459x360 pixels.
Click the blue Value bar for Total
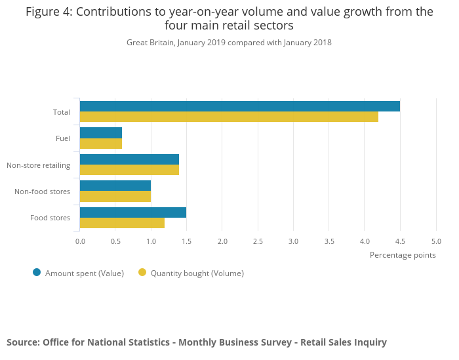pyautogui.click(x=239, y=106)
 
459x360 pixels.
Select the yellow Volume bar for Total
pyautogui.click(x=229, y=117)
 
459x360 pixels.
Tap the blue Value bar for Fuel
pyautogui.click(x=101, y=132)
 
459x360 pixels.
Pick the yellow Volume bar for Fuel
pyautogui.click(x=101, y=143)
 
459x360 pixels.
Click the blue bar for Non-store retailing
pyautogui.click(x=129, y=159)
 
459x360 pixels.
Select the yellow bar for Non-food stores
pyautogui.click(x=115, y=196)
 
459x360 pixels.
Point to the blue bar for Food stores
pyautogui.click(x=133, y=212)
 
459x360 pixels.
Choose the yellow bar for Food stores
pyautogui.click(x=122, y=222)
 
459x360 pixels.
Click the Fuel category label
pyautogui.click(x=63, y=138)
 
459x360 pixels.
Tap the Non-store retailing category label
pyautogui.click(x=38, y=165)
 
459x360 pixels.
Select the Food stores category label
pyautogui.click(x=50, y=218)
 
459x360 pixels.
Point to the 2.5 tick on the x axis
pyautogui.click(x=258, y=241)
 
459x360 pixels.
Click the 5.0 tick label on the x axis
pyautogui.click(x=436, y=241)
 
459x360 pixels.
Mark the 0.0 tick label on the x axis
pyautogui.click(x=80, y=241)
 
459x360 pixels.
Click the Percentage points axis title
pyautogui.click(x=403, y=255)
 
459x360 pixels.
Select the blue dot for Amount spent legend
pyautogui.click(x=37, y=273)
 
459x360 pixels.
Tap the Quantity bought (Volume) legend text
pyautogui.click(x=197, y=273)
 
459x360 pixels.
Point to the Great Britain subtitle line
pyautogui.click(x=229, y=43)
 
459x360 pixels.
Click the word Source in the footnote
pyautogui.click(x=22, y=342)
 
